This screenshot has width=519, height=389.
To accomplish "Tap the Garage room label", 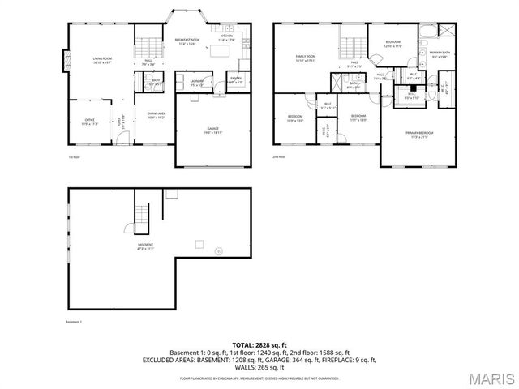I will [x=212, y=129].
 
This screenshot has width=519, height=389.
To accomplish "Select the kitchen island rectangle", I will [x=221, y=51].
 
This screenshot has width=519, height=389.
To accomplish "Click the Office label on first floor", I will [x=89, y=122].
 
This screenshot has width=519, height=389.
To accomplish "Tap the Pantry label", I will [x=236, y=81].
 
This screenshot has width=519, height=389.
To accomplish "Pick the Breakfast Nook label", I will [x=187, y=41].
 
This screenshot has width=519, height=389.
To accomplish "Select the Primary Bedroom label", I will [x=419, y=135].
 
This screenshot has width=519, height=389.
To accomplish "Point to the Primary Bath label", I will [x=439, y=55].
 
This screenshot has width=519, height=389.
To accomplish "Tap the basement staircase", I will [x=142, y=213].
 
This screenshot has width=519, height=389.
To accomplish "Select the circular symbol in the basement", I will [x=217, y=251].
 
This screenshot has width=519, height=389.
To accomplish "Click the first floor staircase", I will [x=143, y=46].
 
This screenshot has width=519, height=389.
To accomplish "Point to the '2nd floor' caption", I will [x=279, y=156].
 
